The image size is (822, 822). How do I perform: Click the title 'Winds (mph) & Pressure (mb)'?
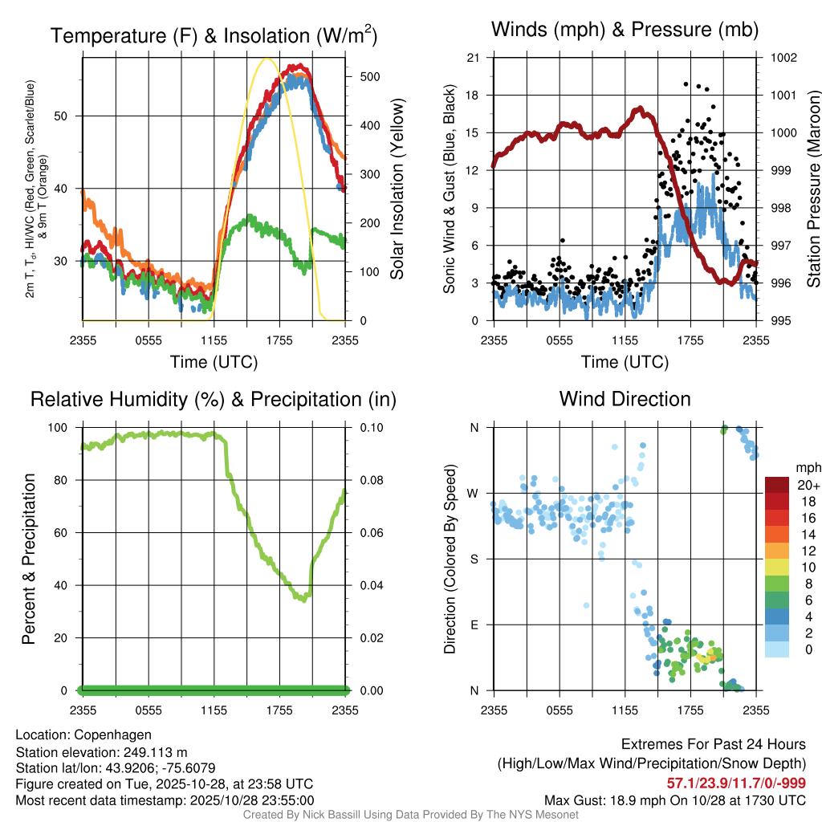coord(625,31)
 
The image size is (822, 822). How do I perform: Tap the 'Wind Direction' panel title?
coord(625,399)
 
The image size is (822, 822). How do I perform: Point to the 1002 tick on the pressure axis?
coord(782,58)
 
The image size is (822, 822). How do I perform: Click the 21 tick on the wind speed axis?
coord(473,58)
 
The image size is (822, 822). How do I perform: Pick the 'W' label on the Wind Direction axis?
coord(474,493)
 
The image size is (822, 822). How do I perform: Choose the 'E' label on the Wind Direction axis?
coord(474,625)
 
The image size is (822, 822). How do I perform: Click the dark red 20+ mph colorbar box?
coord(778,486)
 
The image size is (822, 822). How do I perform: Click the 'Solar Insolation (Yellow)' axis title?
coord(397,189)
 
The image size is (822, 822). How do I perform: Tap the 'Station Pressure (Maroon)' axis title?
coord(812,189)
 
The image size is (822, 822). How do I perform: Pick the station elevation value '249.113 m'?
coord(156,752)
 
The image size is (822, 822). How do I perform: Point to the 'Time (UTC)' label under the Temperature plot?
coord(214,362)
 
